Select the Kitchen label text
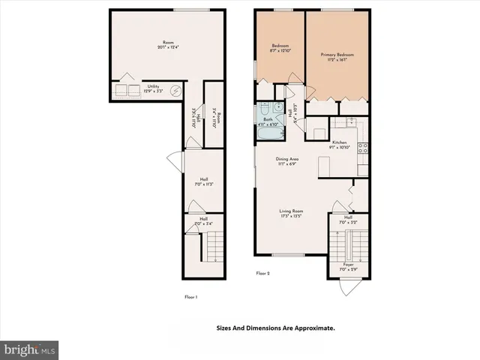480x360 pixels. [339, 145]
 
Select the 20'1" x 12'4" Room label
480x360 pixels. [167, 45]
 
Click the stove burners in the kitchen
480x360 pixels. [362, 148]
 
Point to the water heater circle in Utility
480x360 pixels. [176, 91]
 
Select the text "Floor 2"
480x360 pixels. [262, 274]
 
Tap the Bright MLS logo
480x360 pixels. [30, 349]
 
